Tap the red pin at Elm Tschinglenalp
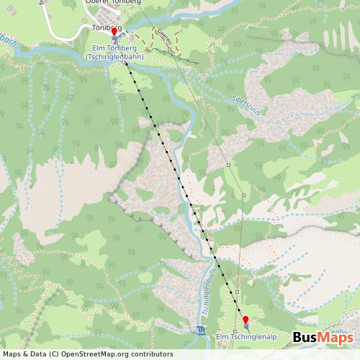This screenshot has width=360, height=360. [x=246, y=320]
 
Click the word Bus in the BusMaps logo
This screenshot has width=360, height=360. [x=307, y=338]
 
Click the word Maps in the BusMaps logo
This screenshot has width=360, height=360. [x=336, y=338]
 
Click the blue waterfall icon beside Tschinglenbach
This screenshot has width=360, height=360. [x=199, y=330]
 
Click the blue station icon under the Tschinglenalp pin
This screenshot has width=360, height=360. [x=245, y=328]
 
